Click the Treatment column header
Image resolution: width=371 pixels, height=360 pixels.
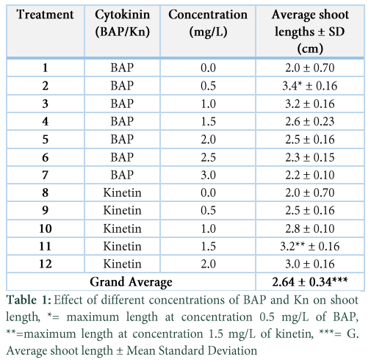(45, 15)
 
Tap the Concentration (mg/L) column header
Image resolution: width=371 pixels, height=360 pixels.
(208, 23)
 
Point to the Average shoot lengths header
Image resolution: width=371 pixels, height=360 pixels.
(310, 32)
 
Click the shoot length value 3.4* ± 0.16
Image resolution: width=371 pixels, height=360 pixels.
(310, 86)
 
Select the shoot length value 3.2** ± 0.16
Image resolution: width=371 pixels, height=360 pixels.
(310, 246)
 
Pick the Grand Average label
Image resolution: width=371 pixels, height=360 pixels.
(131, 282)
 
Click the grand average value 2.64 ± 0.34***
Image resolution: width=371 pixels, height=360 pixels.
(310, 281)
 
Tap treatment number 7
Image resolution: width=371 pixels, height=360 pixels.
(45, 175)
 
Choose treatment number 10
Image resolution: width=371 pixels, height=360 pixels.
(46, 228)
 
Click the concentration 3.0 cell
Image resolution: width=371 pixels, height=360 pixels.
(208, 175)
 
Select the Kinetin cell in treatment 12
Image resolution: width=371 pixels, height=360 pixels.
(122, 264)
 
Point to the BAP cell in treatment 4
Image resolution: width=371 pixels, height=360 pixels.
(122, 121)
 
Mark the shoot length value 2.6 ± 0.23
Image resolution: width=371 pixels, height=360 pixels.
(310, 121)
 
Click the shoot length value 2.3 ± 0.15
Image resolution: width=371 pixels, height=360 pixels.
(310, 157)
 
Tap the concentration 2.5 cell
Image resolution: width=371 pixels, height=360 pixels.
(208, 157)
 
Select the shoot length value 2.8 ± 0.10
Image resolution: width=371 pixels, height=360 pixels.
(310, 228)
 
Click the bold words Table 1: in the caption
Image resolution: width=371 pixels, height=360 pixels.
(29, 300)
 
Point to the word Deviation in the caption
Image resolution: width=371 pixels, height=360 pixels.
(232, 350)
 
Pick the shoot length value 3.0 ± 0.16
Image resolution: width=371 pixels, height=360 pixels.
(310, 264)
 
